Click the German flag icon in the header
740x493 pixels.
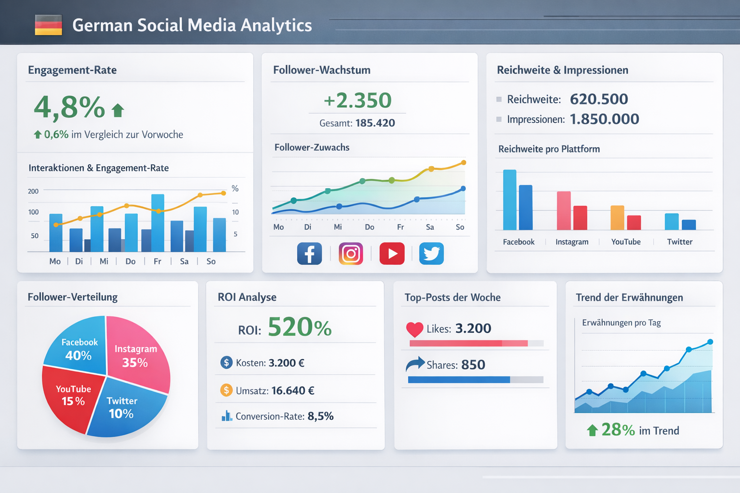pos(49,25)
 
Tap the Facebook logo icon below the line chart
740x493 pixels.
pos(309,254)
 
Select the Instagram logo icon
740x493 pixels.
pos(351,254)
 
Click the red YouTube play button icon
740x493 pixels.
pos(392,254)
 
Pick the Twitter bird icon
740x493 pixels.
pos(431,254)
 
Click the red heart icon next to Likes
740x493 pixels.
pos(414,329)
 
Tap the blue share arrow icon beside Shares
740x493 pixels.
pos(415,364)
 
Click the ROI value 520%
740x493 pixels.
pos(299,327)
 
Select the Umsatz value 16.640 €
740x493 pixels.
pos(292,390)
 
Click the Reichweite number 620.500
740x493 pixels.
pos(599,99)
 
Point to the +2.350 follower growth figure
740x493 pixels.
pos(357,101)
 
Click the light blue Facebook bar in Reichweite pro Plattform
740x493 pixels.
pos(509,200)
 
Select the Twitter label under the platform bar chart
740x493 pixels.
pos(679,242)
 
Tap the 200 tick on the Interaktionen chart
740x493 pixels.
pos(33,191)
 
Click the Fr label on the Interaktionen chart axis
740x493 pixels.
pos(158,261)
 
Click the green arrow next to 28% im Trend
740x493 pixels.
pos(592,430)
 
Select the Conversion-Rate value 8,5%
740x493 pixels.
pos(320,416)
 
